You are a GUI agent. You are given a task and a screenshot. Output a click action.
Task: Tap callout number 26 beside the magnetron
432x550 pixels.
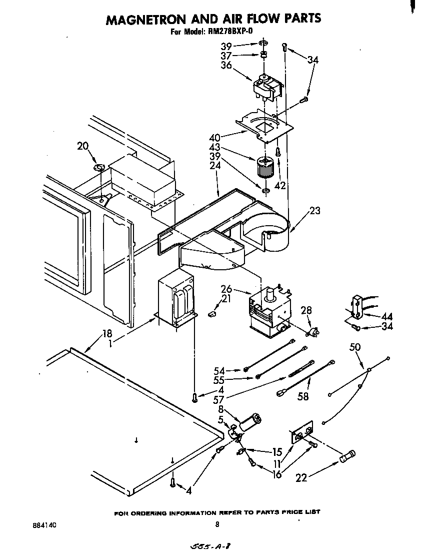[226, 289]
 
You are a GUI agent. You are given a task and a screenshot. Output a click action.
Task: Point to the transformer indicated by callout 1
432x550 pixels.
[175, 302]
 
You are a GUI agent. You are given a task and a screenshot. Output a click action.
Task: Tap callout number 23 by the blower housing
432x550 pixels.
[314, 211]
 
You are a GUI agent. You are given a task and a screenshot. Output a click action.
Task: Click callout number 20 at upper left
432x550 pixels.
[82, 146]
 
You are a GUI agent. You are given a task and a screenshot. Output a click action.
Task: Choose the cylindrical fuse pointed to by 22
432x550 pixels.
[347, 457]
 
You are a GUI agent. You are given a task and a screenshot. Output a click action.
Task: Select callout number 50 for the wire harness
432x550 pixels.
[355, 347]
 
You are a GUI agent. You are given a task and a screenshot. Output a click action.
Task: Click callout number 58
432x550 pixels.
[303, 396]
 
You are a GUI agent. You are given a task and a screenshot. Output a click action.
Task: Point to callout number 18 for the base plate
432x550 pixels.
[107, 334]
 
